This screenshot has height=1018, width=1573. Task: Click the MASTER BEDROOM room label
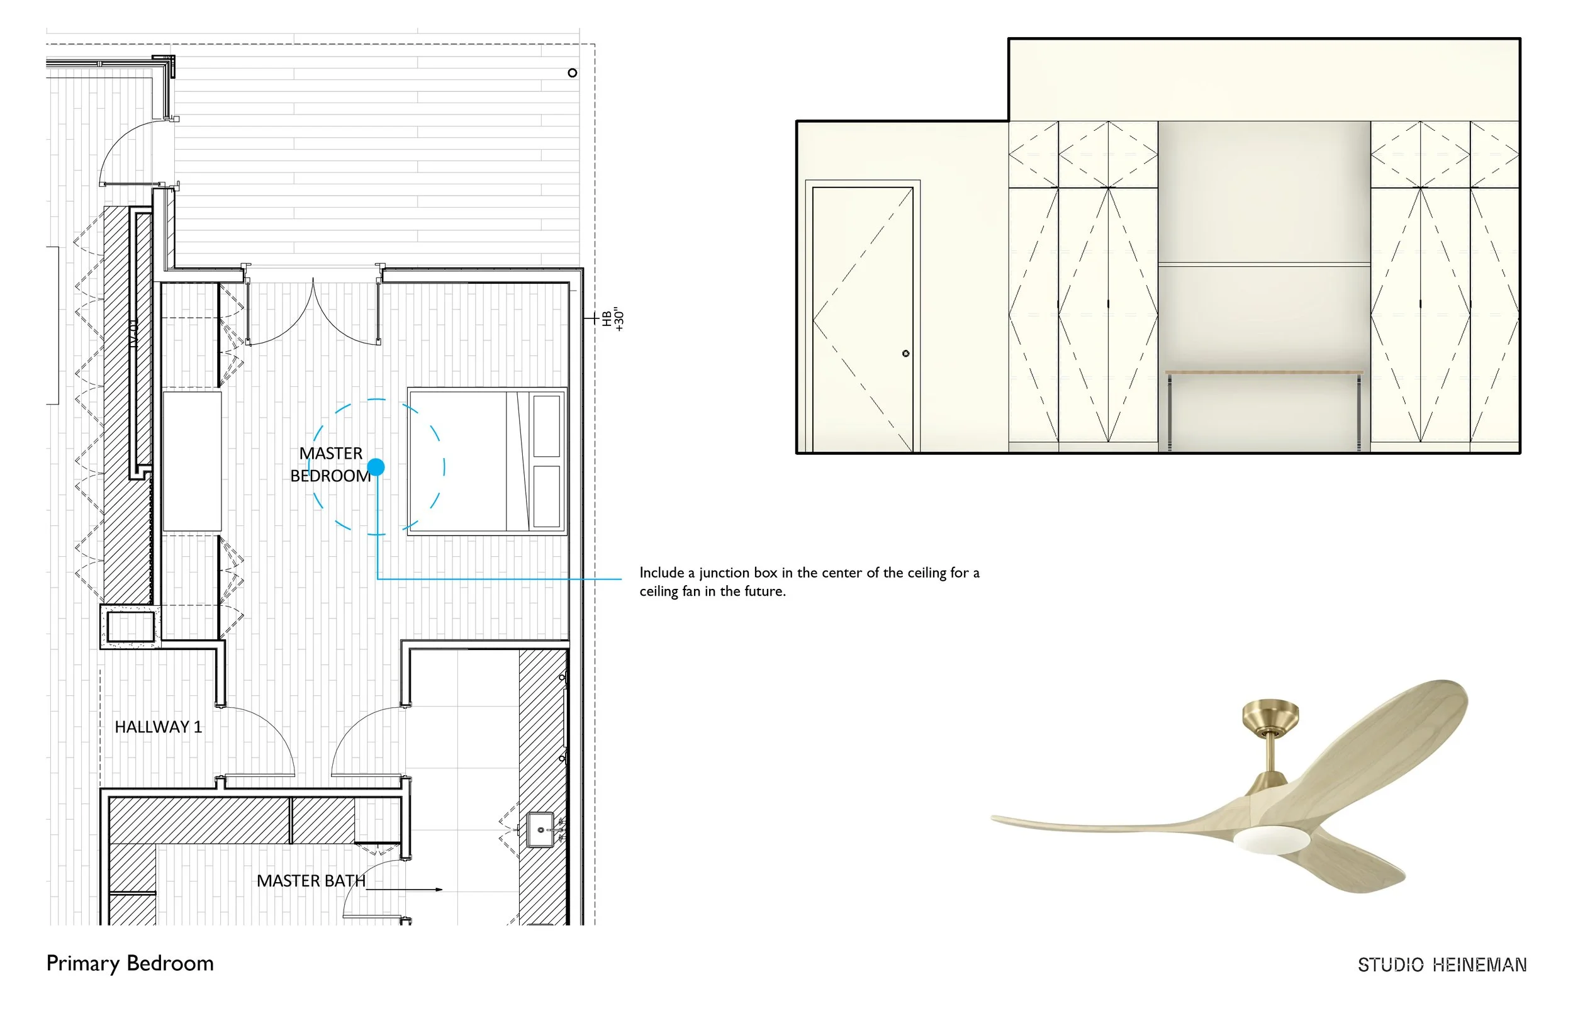coord(330,465)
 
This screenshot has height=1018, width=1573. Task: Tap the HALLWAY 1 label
coord(158,727)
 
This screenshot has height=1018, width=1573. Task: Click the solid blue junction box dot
coord(376,467)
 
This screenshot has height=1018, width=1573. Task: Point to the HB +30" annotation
coord(613,318)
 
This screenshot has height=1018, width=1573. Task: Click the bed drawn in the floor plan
coord(487,461)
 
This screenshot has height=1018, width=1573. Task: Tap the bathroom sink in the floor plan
coord(540,830)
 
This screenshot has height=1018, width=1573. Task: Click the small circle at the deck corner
coord(573,73)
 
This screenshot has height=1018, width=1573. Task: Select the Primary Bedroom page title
coord(130,964)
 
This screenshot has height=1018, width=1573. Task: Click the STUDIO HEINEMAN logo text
coord(1442,965)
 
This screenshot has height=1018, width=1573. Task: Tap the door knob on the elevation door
coord(906,354)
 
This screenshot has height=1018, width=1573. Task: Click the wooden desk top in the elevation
coord(1263,372)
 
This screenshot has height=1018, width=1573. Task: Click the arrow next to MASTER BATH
coord(438,890)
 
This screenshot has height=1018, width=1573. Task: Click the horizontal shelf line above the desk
coord(1263,265)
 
